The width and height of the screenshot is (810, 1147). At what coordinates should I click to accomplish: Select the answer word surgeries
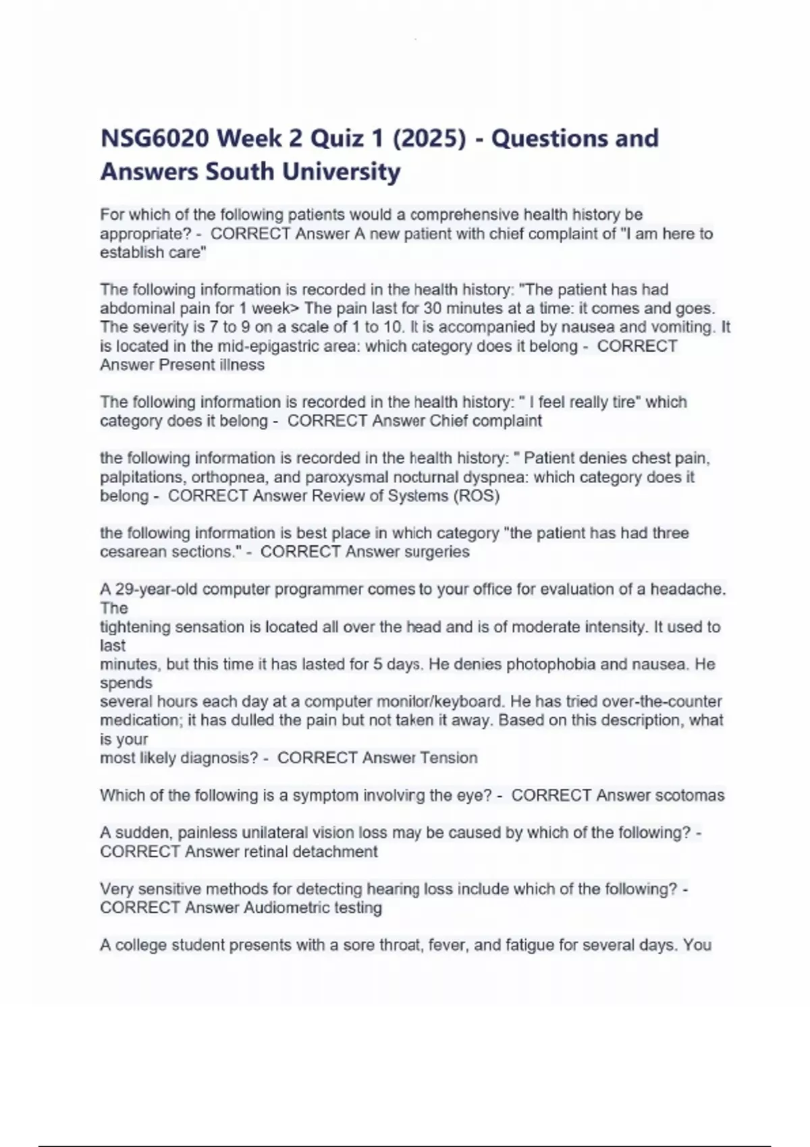point(437,552)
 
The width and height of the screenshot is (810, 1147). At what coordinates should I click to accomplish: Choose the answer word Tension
point(449,758)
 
